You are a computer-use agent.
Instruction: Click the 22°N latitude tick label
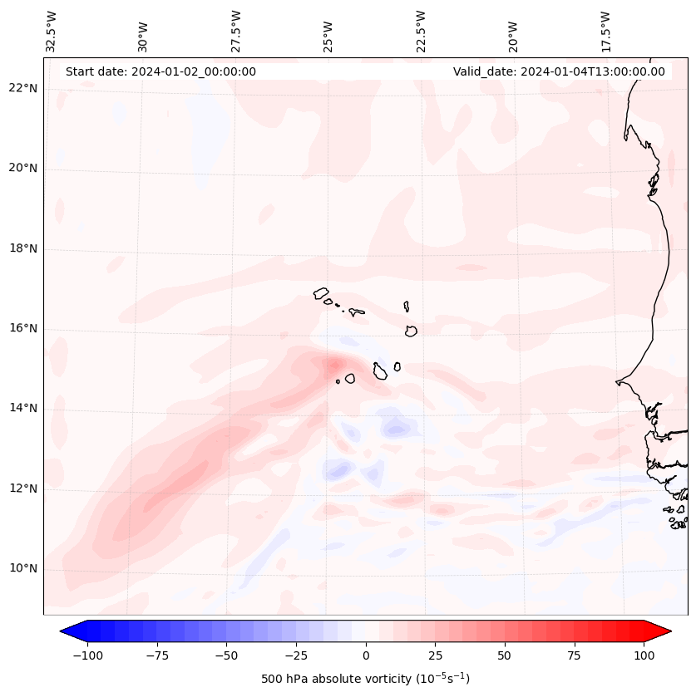(23, 89)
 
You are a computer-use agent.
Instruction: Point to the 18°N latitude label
(23, 249)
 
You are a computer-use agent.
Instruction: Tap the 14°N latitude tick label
(23, 409)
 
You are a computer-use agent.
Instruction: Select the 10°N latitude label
(23, 569)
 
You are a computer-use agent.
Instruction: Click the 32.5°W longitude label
(52, 31)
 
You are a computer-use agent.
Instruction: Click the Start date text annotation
(160, 71)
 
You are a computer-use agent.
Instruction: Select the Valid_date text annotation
(559, 71)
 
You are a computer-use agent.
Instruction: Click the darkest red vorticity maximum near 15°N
(335, 365)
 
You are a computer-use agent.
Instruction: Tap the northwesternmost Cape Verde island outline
(321, 293)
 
